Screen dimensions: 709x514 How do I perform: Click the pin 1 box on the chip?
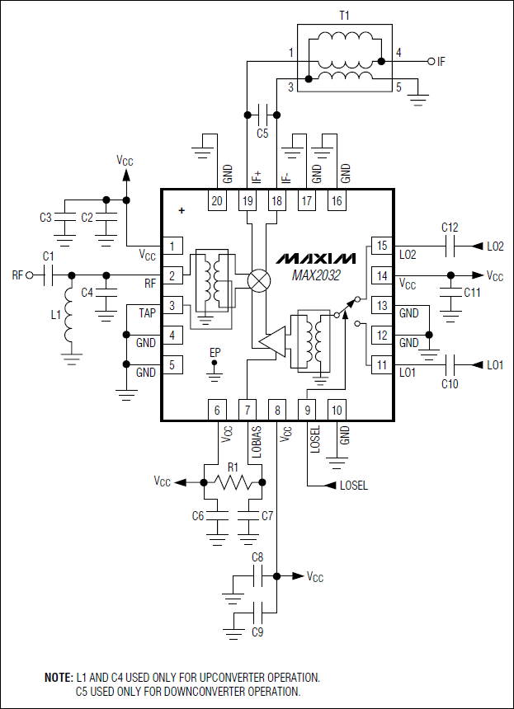point(172,246)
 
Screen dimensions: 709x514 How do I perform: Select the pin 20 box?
point(217,200)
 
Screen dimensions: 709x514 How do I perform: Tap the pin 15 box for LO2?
point(381,246)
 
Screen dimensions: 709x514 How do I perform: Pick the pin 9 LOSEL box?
point(308,410)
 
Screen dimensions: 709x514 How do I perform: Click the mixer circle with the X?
point(259,280)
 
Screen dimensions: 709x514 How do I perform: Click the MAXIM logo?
point(316,257)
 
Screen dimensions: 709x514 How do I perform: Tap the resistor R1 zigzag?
point(232,482)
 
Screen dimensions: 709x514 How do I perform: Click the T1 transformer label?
point(344,14)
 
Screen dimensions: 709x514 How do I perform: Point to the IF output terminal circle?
point(431,61)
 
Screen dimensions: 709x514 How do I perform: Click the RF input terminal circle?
point(29,275)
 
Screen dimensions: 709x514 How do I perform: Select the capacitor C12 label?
point(450,228)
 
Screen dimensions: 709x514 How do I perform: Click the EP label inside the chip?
point(215,354)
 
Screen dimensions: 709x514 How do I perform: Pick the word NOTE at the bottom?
point(58,677)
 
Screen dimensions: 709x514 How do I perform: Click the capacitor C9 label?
point(257,633)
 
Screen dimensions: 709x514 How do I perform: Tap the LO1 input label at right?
point(495,364)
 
